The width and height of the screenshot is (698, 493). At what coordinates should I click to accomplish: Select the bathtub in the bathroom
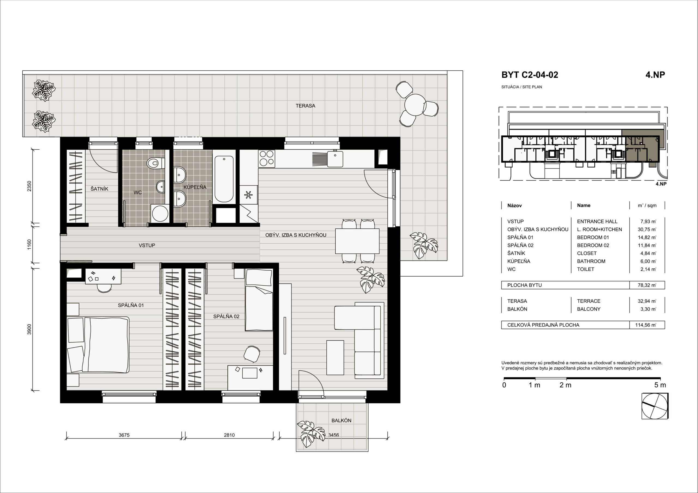tap(224, 179)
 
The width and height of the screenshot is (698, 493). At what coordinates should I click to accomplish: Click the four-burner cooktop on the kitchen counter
tap(267, 158)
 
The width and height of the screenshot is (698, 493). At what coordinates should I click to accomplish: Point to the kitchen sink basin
tap(335, 159)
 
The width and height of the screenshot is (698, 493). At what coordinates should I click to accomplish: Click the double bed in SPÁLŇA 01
tap(98, 344)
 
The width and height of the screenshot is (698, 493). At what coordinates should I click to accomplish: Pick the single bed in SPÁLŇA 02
tap(259, 300)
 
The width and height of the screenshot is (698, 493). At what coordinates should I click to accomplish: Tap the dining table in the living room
tap(357, 241)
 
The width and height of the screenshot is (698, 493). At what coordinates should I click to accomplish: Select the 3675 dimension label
tap(124, 435)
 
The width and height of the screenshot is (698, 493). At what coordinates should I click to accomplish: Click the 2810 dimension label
tap(229, 435)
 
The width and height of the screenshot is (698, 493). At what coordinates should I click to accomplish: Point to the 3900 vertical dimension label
tap(29, 329)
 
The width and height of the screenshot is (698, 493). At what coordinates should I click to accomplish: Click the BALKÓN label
tap(341, 420)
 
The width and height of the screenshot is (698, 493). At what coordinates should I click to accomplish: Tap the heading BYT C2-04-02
tap(529, 75)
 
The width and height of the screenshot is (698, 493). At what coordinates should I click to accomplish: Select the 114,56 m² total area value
tap(646, 325)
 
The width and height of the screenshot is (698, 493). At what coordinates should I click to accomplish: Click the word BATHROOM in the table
tap(591, 261)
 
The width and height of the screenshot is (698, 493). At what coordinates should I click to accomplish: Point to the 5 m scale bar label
tap(660, 385)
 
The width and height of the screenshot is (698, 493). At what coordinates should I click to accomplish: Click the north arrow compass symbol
tap(655, 406)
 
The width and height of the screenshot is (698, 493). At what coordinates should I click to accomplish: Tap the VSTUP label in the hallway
tap(147, 245)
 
